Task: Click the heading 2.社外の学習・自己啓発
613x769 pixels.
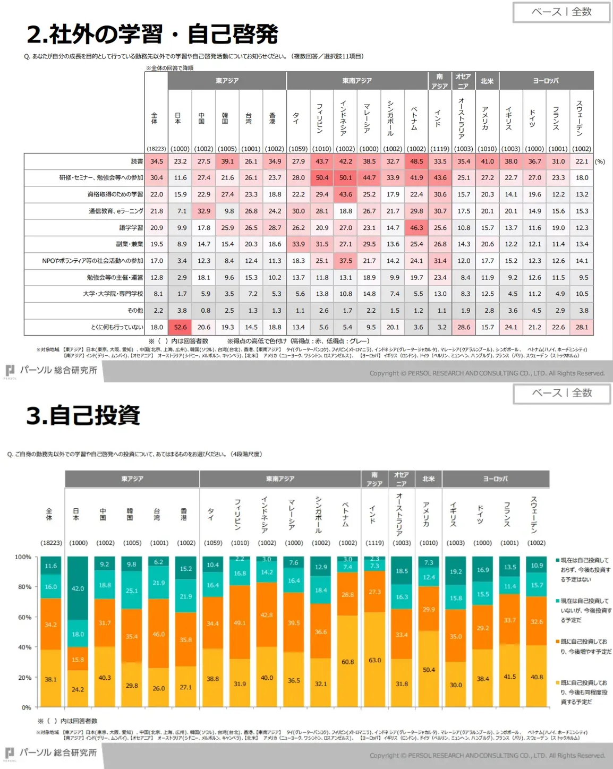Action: pyautogui.click(x=152, y=35)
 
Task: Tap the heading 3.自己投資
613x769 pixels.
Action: pyautogui.click(x=83, y=415)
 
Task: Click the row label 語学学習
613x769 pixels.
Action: pyautogui.click(x=131, y=228)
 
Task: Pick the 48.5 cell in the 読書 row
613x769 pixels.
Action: pyautogui.click(x=416, y=161)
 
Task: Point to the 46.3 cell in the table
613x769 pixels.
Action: pyautogui.click(x=416, y=228)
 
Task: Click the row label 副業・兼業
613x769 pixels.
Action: pyautogui.click(x=130, y=244)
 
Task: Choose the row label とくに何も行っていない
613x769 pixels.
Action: pyautogui.click(x=117, y=327)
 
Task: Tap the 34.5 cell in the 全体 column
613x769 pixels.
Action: pyautogui.click(x=157, y=161)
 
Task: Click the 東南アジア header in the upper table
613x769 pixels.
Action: pyautogui.click(x=357, y=81)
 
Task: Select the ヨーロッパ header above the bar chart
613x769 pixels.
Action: pyautogui.click(x=495, y=479)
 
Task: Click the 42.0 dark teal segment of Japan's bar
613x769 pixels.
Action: pyautogui.click(x=78, y=588)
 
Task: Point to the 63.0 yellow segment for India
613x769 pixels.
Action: pyautogui.click(x=375, y=660)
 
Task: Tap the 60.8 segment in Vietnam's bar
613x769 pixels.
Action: pyautogui.click(x=348, y=661)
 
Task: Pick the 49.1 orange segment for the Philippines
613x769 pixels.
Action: pyautogui.click(x=240, y=622)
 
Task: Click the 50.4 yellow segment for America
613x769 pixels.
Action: pyautogui.click(x=429, y=669)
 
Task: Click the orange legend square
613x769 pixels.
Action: pyautogui.click(x=558, y=642)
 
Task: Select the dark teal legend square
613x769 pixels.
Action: pyautogui.click(x=558, y=560)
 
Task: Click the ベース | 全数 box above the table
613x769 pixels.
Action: pyautogui.click(x=561, y=12)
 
